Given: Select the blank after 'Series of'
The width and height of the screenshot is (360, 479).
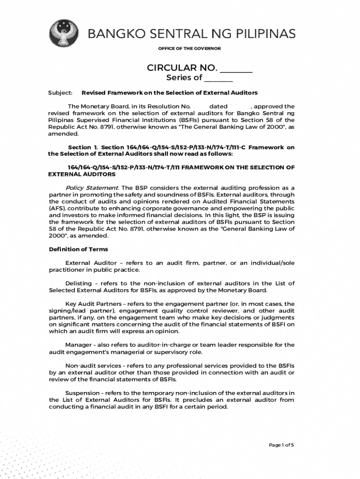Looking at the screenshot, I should point(218,78).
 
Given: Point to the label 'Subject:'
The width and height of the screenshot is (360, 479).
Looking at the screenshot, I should point(60,93).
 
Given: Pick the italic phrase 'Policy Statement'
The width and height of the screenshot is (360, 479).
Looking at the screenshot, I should point(92,188).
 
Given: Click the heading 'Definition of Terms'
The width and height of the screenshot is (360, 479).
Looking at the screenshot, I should point(78,249).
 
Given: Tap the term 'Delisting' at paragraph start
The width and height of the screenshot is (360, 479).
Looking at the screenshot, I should point(79,283).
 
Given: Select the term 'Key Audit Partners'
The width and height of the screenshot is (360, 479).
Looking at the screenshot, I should point(94,304).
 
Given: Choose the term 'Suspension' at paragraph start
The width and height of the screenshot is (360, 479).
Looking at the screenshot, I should point(82,393).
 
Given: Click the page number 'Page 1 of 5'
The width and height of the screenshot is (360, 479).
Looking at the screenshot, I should point(281,445).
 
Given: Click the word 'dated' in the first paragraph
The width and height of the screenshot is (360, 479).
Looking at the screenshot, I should point(218,106).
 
